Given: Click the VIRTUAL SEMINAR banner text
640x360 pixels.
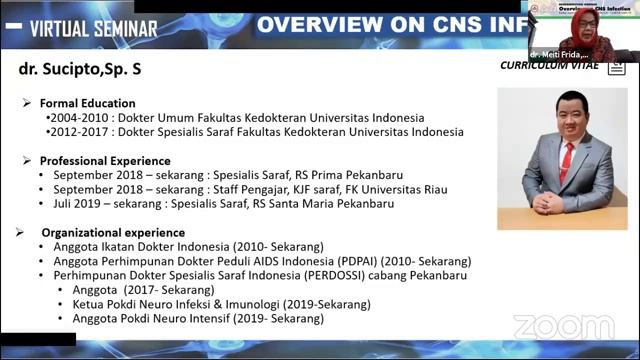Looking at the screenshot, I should point(93,29).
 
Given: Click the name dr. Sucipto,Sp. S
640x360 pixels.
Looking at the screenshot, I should point(81,71).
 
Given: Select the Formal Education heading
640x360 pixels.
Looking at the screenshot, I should point(87,103).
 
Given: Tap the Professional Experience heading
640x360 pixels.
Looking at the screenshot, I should point(104,160).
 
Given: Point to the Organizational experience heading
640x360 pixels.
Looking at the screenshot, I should point(112,232).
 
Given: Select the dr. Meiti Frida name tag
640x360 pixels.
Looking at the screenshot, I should point(560,54).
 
